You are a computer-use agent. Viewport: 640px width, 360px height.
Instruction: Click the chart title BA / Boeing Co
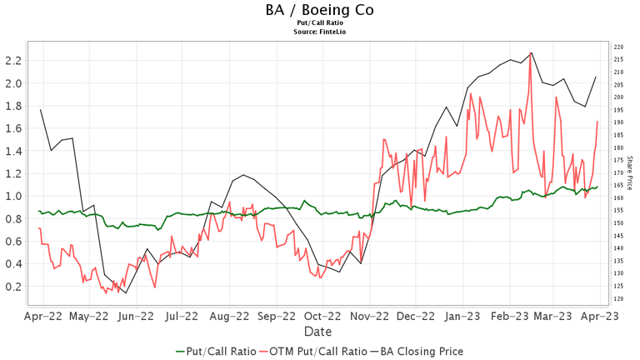coord(319,10)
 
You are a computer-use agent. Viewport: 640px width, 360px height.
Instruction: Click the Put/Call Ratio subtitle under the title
coord(319,23)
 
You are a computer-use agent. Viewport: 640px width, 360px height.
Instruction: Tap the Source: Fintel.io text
coord(319,32)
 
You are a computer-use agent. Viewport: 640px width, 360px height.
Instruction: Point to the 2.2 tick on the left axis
coord(12,61)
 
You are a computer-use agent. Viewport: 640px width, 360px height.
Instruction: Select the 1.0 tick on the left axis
coord(12,196)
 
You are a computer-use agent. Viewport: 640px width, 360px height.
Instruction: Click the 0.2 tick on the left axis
coord(12,286)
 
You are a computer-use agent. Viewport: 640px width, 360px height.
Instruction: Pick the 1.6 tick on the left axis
coord(12,128)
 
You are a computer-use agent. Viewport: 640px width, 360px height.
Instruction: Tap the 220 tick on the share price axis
coord(617,47)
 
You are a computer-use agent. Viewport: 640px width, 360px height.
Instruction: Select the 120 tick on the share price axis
coord(617,298)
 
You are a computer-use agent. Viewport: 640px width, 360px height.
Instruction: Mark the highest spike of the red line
coord(531,55)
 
